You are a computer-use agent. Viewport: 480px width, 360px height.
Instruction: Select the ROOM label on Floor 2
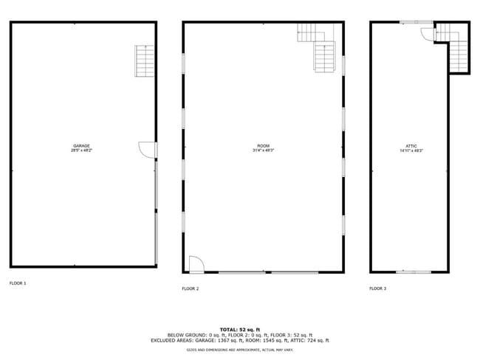pyautogui.click(x=263, y=145)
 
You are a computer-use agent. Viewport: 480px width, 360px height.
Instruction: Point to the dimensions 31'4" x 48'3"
pyautogui.click(x=263, y=150)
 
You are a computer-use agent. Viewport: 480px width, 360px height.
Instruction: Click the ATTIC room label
pyautogui.click(x=411, y=145)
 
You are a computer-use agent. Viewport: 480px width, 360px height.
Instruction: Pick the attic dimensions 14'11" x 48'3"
pyautogui.click(x=411, y=150)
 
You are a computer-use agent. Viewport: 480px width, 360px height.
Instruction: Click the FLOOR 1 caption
pyautogui.click(x=18, y=283)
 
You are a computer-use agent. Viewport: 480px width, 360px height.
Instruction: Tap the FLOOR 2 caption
pyautogui.click(x=191, y=288)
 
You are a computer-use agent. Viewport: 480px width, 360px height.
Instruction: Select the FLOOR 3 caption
pyautogui.click(x=377, y=288)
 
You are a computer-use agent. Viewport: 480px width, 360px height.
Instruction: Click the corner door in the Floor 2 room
pyautogui.click(x=196, y=263)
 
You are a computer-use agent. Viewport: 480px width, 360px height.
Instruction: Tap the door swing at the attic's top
pyautogui.click(x=428, y=30)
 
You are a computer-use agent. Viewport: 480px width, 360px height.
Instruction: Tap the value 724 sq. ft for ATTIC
pyautogui.click(x=317, y=340)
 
